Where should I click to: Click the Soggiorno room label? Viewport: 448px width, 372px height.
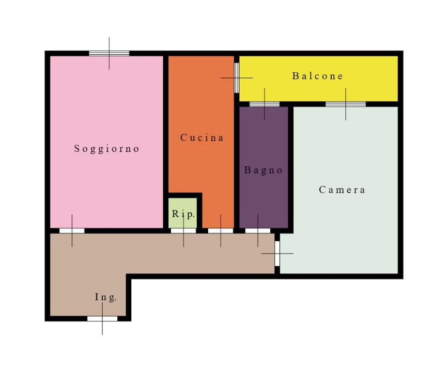106,149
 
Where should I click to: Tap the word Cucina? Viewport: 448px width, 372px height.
202,138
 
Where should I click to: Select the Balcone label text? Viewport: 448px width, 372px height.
317,76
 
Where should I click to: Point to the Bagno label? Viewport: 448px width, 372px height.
263,171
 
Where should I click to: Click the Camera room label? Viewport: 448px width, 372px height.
342,190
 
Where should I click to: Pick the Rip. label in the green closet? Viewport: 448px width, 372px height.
183,214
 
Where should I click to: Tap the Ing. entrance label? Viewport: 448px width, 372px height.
106,297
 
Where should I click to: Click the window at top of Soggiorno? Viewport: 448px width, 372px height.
109,53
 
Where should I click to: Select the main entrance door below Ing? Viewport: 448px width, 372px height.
102,319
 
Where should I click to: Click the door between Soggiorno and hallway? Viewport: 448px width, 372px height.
72,231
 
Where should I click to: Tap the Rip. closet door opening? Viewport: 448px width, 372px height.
183,231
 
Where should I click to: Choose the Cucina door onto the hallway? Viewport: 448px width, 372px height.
221,231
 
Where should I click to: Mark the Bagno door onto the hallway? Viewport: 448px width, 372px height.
258,231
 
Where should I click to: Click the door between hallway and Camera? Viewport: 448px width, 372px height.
277,254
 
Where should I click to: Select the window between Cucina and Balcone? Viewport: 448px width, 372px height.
237,78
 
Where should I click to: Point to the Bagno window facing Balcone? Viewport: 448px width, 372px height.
265,104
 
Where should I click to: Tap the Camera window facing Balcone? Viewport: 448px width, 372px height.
346,104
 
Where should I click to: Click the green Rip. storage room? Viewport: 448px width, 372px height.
182,213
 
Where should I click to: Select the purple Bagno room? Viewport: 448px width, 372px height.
264,167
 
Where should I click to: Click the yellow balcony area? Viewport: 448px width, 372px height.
319,79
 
